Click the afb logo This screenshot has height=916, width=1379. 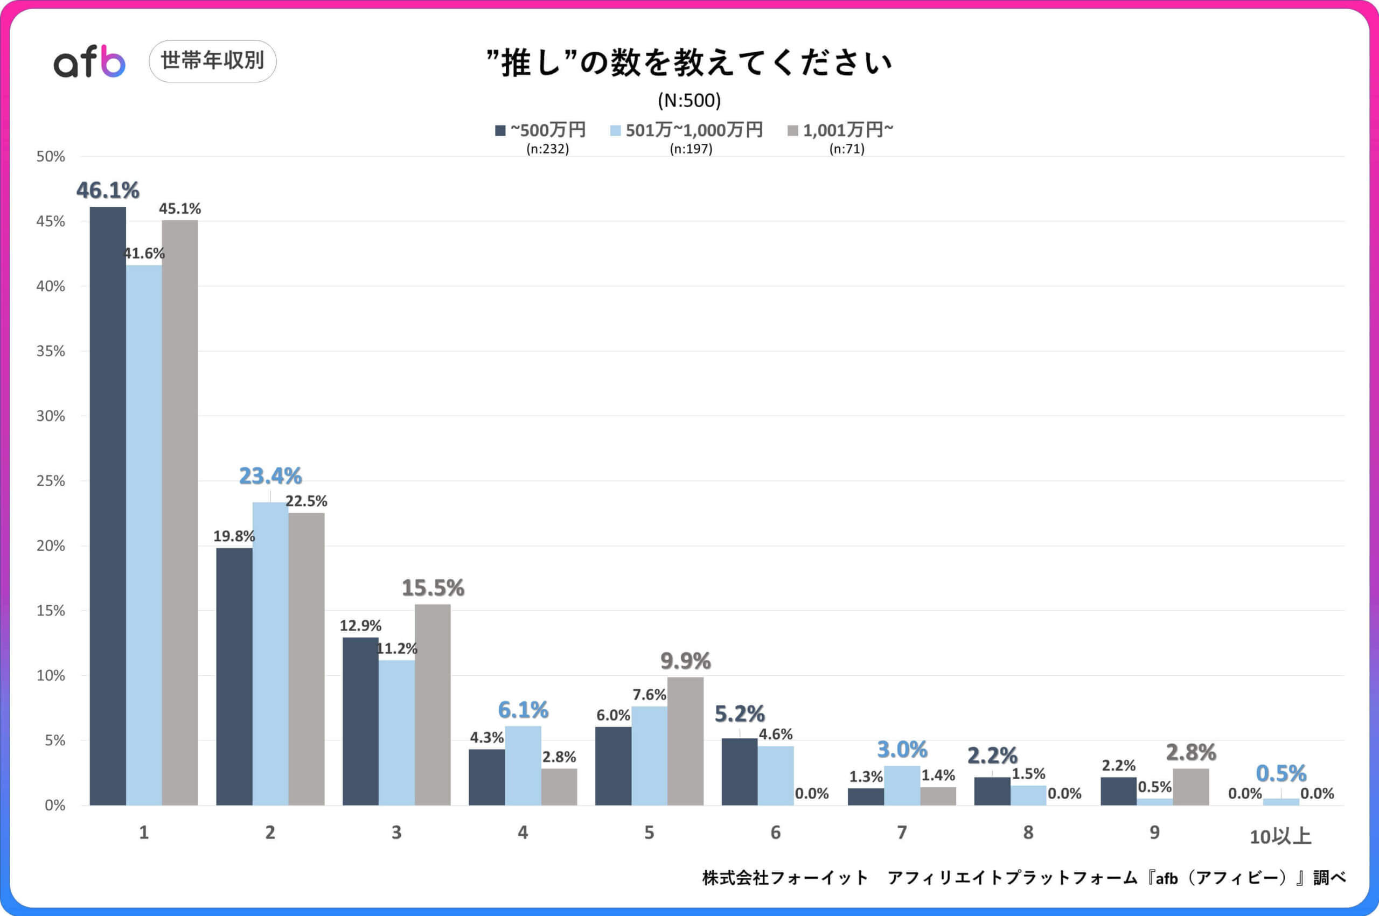(89, 62)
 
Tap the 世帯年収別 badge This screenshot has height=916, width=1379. (213, 61)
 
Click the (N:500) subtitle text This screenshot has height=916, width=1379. (689, 101)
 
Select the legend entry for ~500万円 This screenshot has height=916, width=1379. (540, 130)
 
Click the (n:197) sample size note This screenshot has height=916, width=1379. (691, 149)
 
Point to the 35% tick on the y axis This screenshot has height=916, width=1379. (51, 351)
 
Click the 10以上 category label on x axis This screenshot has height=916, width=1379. (1280, 836)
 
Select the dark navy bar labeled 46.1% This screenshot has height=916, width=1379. (108, 505)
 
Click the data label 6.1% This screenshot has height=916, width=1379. (523, 710)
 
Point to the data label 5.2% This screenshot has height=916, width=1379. (739, 714)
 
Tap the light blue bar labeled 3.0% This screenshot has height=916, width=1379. (902, 785)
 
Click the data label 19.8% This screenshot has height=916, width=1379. (234, 536)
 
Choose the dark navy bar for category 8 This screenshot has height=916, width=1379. (992, 791)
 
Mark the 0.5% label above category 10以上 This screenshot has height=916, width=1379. (1281, 773)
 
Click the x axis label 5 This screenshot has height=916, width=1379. (649, 833)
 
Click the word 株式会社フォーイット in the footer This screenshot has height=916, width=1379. (785, 877)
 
